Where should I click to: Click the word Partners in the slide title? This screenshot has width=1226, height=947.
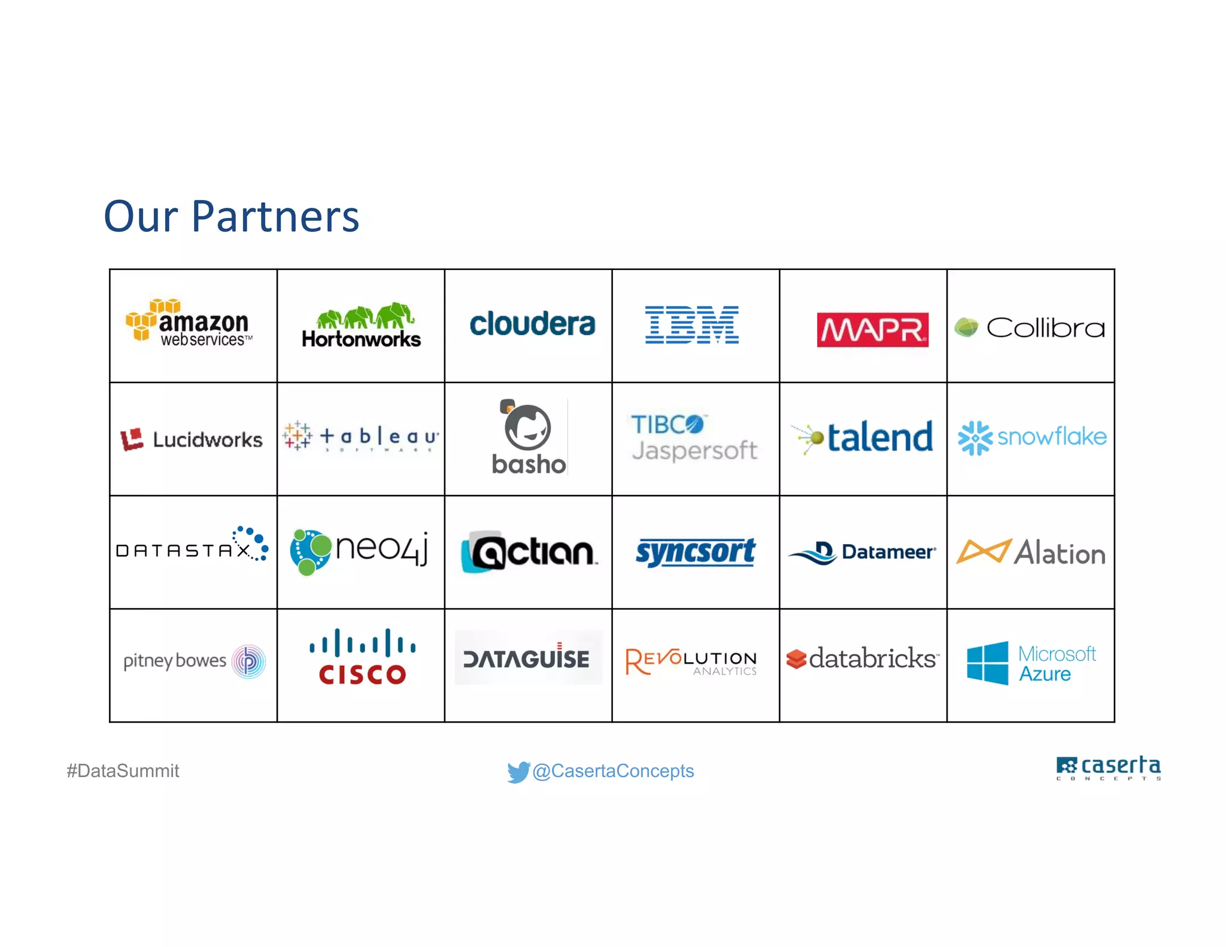(x=275, y=216)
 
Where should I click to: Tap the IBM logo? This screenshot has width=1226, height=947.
(x=691, y=325)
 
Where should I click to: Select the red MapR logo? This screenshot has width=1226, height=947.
(x=872, y=329)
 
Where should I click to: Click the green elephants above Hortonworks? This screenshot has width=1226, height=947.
(x=365, y=315)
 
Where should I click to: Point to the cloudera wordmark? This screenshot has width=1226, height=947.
(x=532, y=324)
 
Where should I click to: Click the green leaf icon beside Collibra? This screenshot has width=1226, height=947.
(x=966, y=327)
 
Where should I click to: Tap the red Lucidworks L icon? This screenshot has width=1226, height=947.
(x=132, y=439)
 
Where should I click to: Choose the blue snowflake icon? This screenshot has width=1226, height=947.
(x=975, y=438)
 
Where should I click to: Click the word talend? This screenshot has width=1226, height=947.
(x=880, y=438)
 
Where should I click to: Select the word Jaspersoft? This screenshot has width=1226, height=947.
(x=694, y=451)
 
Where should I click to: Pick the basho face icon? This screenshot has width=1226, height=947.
(x=527, y=427)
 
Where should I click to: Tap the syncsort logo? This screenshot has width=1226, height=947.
(x=695, y=552)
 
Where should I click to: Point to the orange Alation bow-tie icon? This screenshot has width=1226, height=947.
(x=984, y=551)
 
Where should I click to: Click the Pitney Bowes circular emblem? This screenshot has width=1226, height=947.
(x=248, y=661)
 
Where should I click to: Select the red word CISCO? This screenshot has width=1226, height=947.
(x=362, y=675)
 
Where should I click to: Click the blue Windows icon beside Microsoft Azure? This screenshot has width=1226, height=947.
(x=987, y=663)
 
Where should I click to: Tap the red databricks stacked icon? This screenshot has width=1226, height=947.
(x=796, y=659)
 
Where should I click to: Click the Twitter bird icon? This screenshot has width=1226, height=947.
(x=518, y=771)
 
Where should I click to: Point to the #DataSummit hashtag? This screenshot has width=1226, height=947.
(x=123, y=771)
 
